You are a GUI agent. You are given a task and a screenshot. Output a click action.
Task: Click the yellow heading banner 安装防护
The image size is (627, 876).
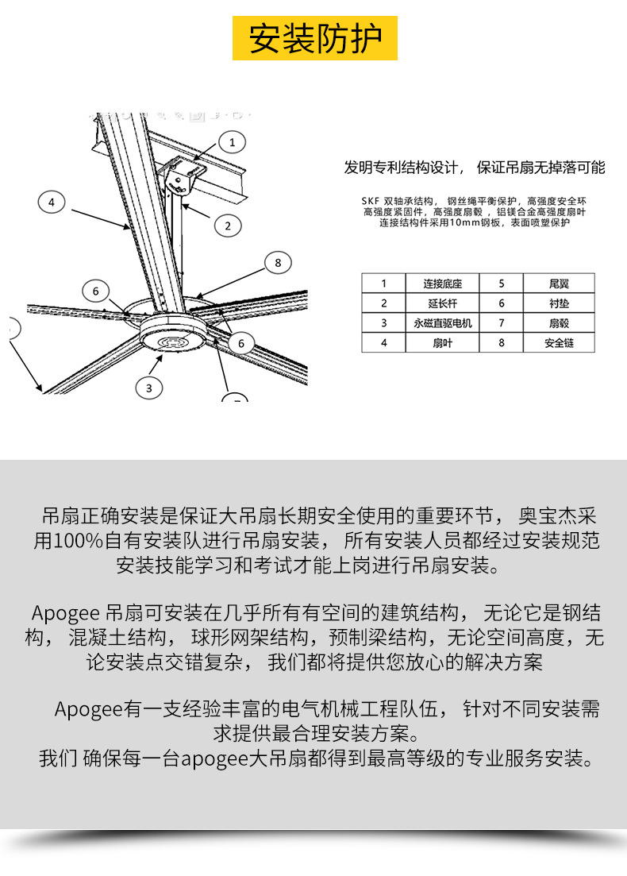tap(315, 38)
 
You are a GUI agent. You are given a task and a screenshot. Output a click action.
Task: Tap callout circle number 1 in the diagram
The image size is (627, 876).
tap(232, 142)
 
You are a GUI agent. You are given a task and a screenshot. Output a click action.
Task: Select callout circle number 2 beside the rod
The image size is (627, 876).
tap(228, 226)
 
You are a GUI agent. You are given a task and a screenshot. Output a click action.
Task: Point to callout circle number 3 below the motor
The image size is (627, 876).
tap(148, 388)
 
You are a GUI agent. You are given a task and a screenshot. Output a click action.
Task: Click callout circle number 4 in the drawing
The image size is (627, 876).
tap(52, 203)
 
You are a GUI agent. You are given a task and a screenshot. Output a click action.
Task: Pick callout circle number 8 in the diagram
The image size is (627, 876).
tap(278, 262)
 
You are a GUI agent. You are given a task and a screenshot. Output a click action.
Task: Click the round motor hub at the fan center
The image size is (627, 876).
tap(171, 334)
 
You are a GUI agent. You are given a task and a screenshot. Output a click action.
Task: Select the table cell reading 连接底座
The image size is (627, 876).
tap(443, 283)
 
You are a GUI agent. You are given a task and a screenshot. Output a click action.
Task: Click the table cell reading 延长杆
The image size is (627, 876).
tap(443, 303)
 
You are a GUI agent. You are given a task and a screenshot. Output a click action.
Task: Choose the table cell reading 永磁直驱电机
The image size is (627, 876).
tap(443, 322)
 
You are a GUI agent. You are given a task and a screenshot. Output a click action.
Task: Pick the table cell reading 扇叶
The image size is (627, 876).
tap(443, 342)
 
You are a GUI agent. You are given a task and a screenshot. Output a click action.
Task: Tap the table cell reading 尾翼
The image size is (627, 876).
tap(559, 283)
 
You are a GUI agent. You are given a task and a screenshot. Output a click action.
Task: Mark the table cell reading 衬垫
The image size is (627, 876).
tap(559, 303)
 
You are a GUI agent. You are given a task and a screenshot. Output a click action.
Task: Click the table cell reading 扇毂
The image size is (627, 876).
tap(559, 322)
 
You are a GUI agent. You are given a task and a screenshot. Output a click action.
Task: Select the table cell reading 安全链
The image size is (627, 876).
tap(559, 342)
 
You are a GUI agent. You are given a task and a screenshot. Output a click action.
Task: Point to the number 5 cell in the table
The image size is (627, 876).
tap(502, 283)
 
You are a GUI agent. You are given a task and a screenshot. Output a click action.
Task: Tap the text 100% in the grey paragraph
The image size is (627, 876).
tap(78, 542)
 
